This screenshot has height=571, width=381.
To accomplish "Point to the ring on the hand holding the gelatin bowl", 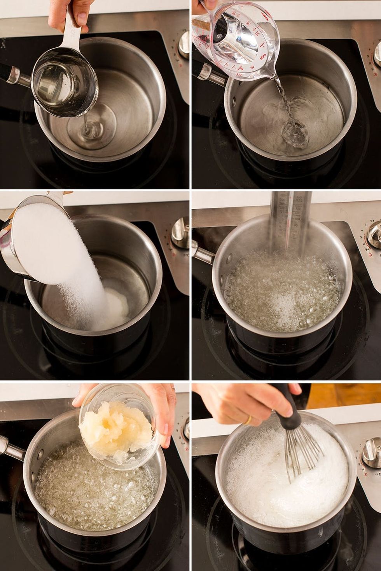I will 174,388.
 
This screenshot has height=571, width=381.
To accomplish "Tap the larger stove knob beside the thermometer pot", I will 374,235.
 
